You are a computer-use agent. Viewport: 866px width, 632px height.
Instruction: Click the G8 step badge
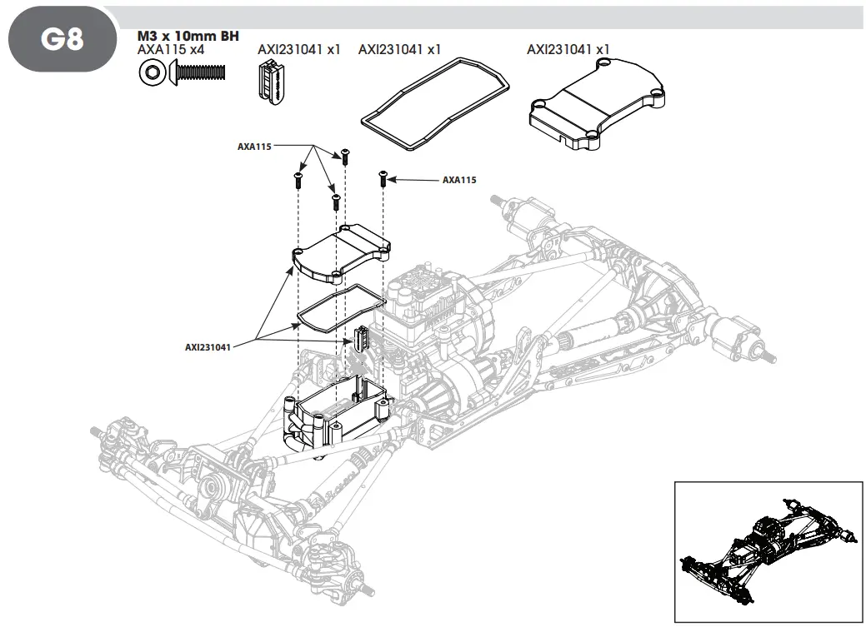coord(63,39)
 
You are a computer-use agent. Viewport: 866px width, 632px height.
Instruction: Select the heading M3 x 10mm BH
coord(188,37)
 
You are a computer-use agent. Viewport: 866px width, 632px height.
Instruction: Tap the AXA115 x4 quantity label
coord(171,50)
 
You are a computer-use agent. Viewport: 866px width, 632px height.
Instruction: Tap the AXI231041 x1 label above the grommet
coord(299,50)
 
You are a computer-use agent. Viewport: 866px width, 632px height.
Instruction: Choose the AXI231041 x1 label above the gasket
coord(399,50)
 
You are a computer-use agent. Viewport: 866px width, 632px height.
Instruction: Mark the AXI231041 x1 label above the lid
coord(568,50)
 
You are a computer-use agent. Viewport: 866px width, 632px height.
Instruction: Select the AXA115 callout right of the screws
coord(459,180)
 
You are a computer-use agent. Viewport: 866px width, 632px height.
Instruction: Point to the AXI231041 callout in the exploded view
coord(208,347)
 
